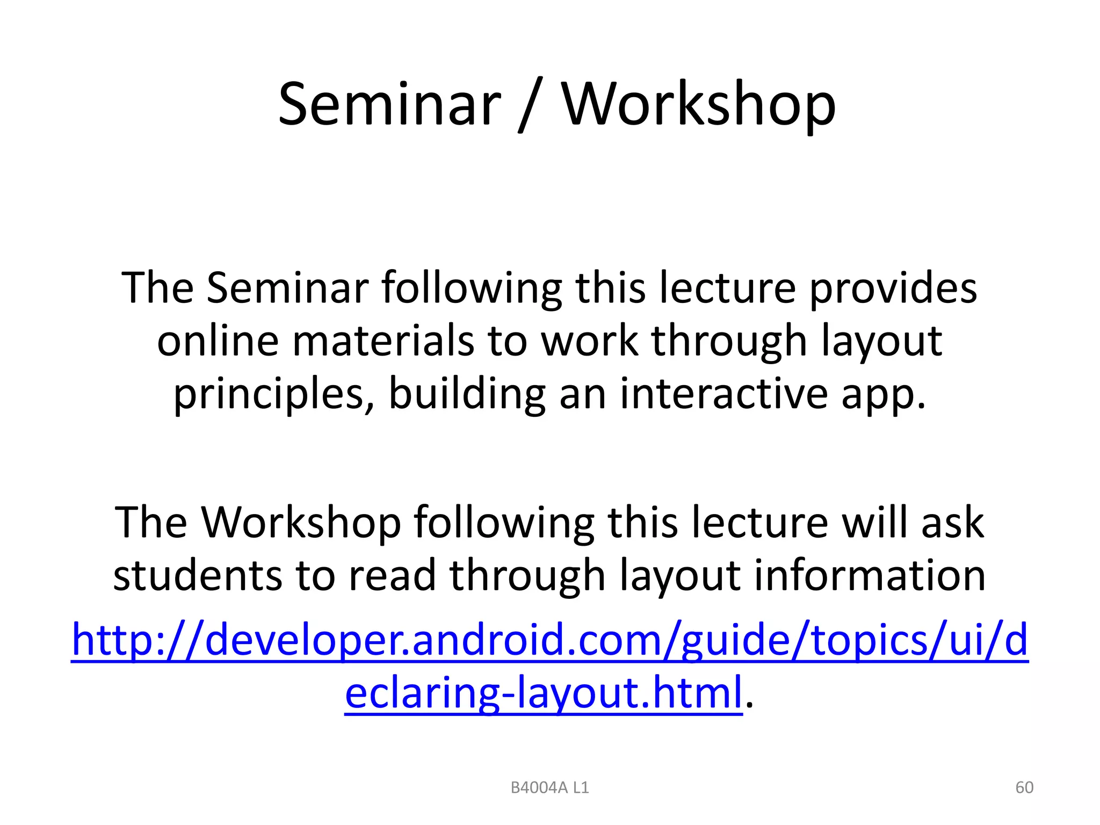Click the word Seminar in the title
[389, 105]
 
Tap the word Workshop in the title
[698, 106]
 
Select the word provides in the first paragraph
[893, 289]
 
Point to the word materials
[383, 342]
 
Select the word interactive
[723, 394]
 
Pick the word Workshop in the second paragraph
[301, 523]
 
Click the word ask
[952, 523]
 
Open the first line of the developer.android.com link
[549, 641]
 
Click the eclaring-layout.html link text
[543, 693]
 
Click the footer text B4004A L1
[549, 787]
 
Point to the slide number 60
[1024, 787]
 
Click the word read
[392, 575]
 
